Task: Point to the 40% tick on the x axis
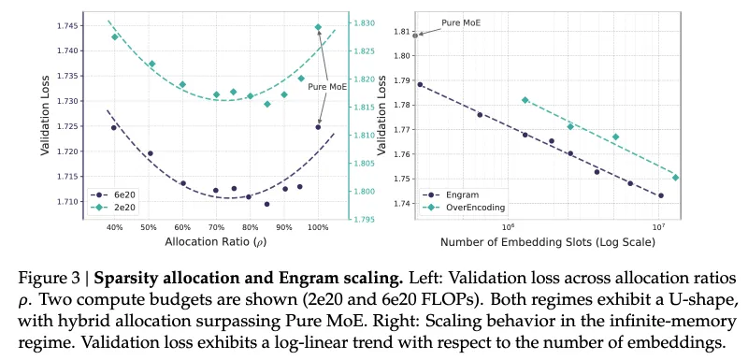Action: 114,226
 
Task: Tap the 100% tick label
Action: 318,226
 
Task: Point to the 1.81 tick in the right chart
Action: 402,32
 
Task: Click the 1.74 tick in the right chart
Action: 402,203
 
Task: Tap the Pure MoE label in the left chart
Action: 328,87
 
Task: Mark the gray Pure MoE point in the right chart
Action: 416,36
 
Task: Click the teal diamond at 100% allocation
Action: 318,27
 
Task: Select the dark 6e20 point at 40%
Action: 114,127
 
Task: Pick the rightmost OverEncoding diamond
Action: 675,177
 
